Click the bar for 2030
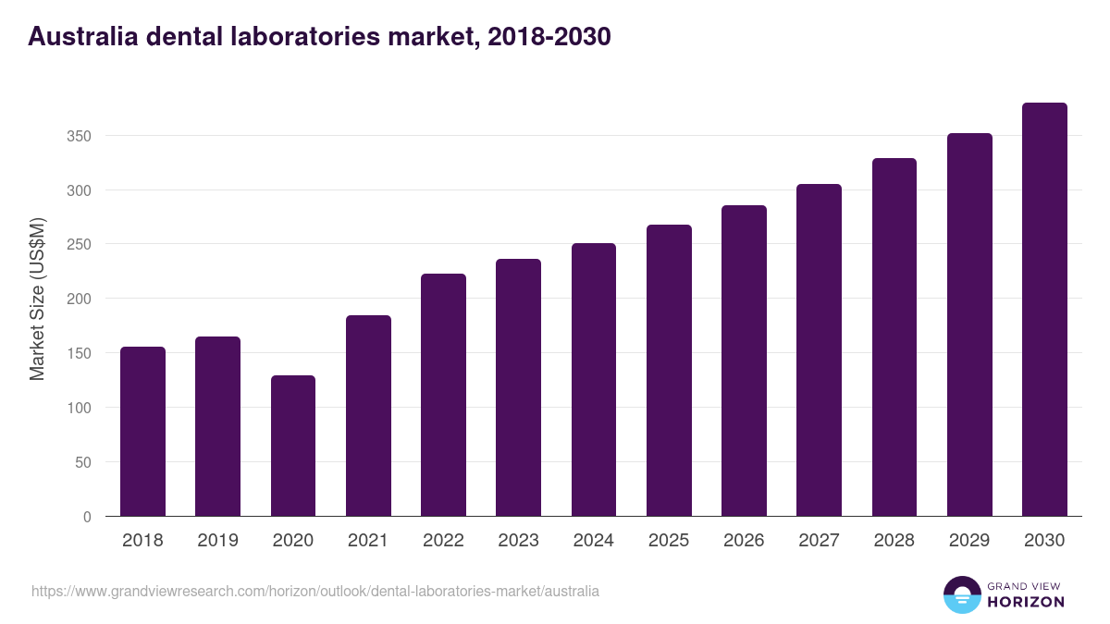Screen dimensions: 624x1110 (x=1044, y=310)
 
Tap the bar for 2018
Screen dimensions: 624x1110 (x=142, y=432)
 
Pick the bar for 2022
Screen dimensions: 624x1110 (x=443, y=395)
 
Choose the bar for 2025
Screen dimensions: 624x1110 (x=669, y=371)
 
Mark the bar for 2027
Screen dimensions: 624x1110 (x=819, y=350)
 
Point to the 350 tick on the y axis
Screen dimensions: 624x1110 (x=80, y=136)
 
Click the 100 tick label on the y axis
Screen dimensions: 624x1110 (x=80, y=408)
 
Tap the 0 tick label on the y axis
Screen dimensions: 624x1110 (x=87, y=517)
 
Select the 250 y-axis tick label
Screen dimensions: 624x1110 (x=80, y=245)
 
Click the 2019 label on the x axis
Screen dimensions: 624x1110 (x=217, y=541)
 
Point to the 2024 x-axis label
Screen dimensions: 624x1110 (x=593, y=541)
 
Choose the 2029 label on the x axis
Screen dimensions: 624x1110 (x=968, y=541)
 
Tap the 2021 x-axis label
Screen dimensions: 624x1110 (x=367, y=541)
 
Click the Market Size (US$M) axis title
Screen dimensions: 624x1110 (x=37, y=299)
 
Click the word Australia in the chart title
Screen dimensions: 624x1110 (x=82, y=37)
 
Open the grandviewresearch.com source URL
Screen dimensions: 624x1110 (x=315, y=591)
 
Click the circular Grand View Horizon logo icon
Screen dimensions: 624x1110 (x=961, y=594)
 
